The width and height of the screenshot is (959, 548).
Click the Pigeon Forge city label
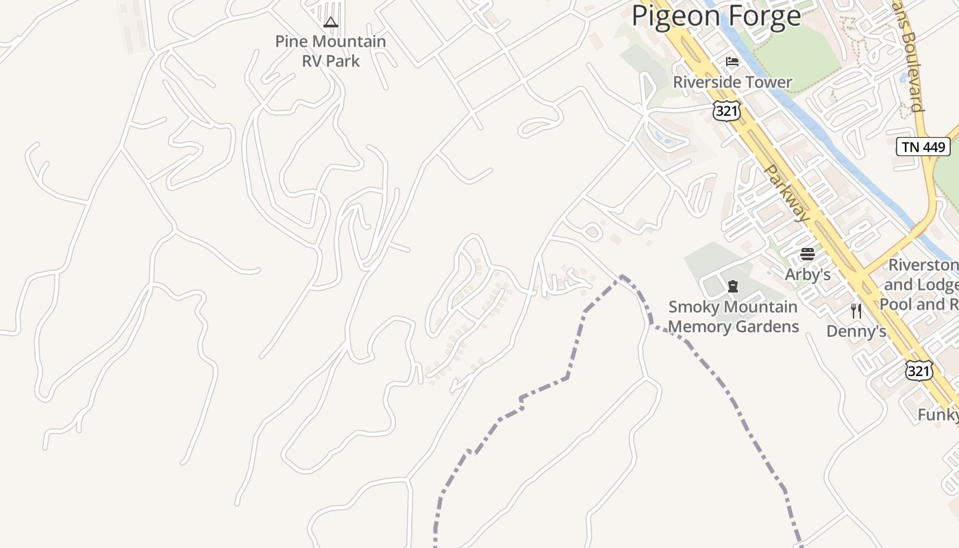716,15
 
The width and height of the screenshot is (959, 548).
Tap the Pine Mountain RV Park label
331,51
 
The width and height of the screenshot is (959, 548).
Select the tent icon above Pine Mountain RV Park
331,22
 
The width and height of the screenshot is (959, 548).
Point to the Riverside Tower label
732,82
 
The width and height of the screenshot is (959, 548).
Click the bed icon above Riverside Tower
732,62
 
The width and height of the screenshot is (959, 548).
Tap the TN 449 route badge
923,147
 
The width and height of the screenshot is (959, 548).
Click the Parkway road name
786,192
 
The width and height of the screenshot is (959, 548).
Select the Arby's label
808,275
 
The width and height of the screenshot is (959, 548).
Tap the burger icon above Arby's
808,254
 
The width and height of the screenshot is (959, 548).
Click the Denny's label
856,332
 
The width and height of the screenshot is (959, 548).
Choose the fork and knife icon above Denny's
856,311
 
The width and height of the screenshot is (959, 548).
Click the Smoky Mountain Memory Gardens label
733,316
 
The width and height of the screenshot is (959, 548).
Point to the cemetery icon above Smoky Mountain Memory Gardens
733,286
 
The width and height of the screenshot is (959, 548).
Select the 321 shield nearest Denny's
918,371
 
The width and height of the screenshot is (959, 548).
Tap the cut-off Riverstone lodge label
922,284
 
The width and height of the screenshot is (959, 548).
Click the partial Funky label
938,415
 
